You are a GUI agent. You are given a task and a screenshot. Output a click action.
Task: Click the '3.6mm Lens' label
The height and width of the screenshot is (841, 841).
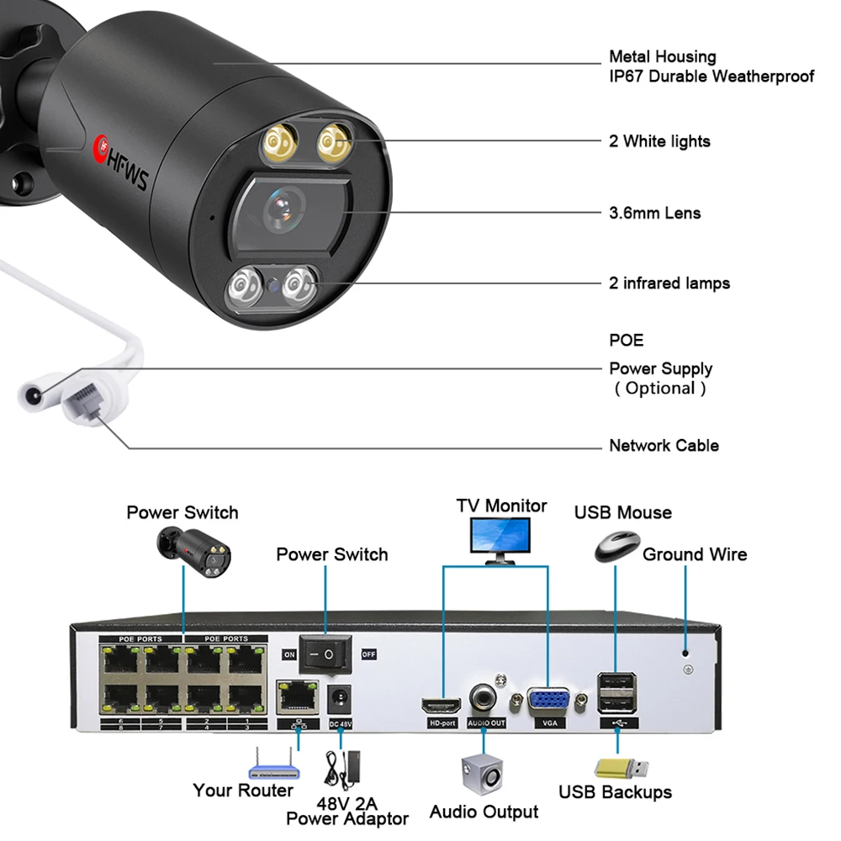tap(654, 213)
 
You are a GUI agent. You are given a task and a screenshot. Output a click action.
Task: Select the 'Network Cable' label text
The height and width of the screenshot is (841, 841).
tap(664, 445)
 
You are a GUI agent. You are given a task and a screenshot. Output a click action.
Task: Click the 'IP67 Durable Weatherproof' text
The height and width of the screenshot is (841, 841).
tap(711, 77)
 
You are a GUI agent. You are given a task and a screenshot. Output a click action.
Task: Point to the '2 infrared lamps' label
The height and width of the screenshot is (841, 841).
tap(669, 283)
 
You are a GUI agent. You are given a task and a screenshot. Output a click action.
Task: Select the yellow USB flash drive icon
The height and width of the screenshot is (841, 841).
tap(621, 767)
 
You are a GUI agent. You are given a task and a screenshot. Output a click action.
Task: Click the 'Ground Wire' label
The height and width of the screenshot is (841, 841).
tap(695, 554)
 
